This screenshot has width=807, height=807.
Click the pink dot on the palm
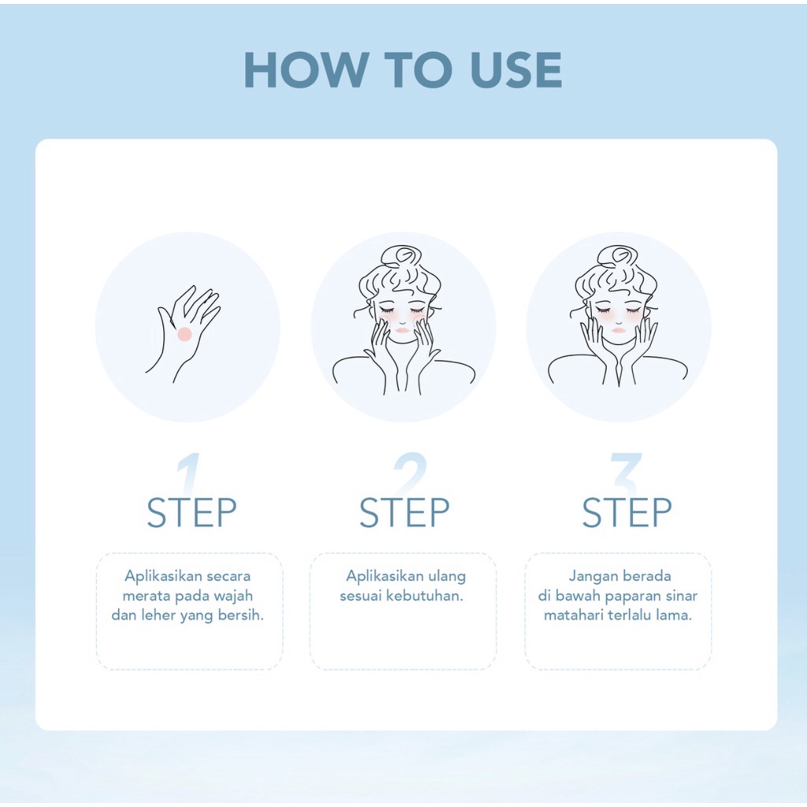coord(184,334)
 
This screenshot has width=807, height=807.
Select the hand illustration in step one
coord(183,334)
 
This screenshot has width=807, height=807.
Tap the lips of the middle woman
coord(404,329)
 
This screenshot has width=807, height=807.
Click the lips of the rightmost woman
coord(619,329)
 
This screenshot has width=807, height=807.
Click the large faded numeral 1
coord(188,474)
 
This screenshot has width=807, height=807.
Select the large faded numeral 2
coord(410,474)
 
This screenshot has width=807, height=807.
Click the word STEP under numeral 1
coord(192,512)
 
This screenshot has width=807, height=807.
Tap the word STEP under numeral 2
coord(404,512)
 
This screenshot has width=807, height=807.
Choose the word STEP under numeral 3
coord(627,512)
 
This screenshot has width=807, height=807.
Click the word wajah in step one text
coord(233,597)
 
